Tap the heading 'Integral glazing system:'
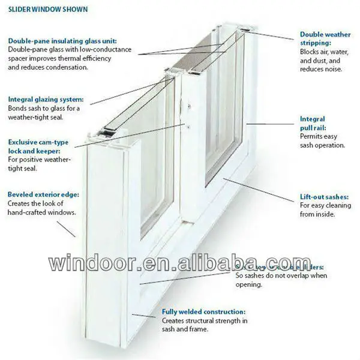(x=46, y=99)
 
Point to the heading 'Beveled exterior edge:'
(x=43, y=194)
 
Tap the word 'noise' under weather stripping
(x=331, y=69)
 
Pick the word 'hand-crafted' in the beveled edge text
(x=28, y=212)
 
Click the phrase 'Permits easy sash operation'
(x=322, y=141)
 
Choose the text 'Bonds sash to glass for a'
(x=44, y=109)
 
